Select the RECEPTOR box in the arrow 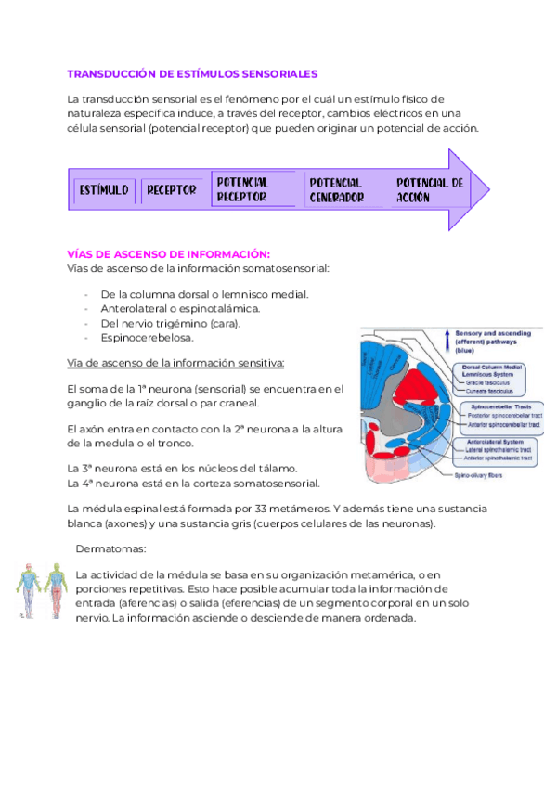pos(171,189)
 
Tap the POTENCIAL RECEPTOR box pos(242,189)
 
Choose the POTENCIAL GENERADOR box pos(335,189)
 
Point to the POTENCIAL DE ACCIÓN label pos(429,189)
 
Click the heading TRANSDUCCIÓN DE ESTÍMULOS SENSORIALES pos(192,73)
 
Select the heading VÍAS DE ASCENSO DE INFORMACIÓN pos(169,253)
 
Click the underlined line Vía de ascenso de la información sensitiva pos(176,362)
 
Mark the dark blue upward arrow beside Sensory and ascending pos(447,341)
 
